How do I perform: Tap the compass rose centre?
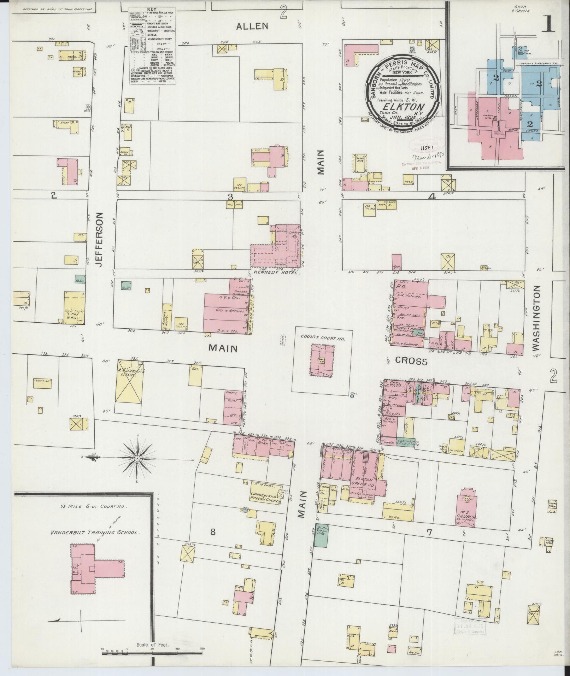137,459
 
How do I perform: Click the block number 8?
213,531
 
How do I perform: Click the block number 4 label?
431,197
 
